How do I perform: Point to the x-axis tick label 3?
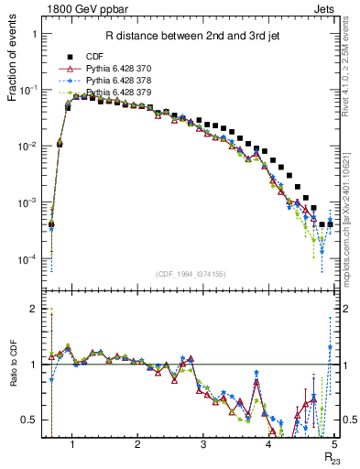tap(202, 445)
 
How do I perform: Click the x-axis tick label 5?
tap(334, 445)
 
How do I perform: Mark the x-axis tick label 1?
tap(71, 445)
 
